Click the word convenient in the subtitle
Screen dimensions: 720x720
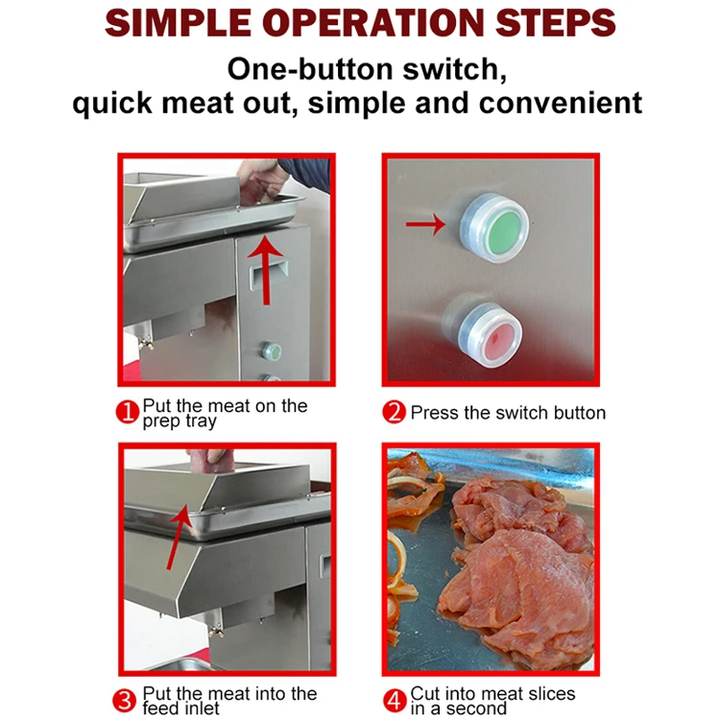point(557,102)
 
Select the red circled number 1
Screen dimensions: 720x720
point(128,413)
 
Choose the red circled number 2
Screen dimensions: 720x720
point(395,413)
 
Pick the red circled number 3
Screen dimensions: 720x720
point(128,700)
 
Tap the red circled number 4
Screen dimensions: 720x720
point(395,700)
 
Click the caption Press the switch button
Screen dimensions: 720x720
point(508,413)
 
